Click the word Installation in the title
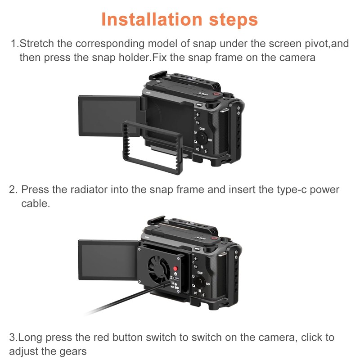152,19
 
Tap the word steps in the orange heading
233,20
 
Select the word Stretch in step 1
37,43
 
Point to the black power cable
129,299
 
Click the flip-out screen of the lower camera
108,260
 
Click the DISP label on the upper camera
202,129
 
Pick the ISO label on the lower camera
207,284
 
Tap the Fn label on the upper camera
198,122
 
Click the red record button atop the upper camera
216,94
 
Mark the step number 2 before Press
13,189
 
